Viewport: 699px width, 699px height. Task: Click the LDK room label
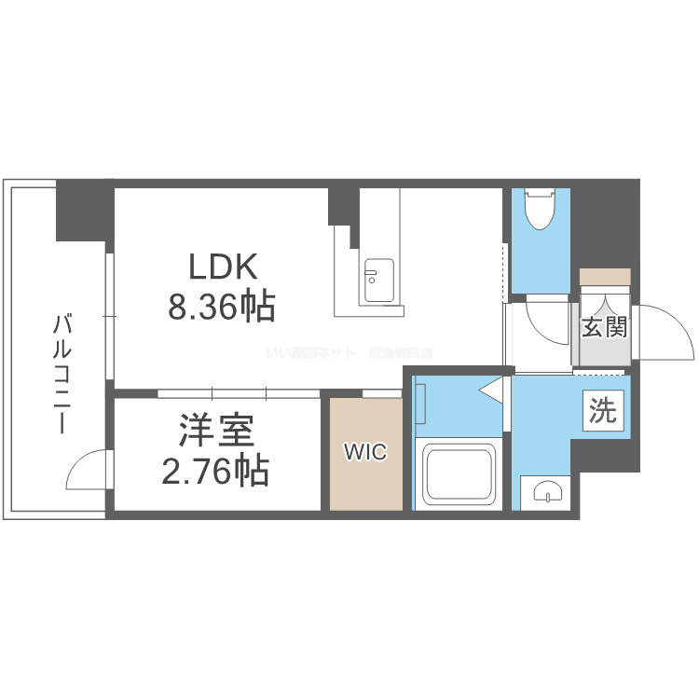[222, 267]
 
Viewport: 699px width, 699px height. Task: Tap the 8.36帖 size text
[222, 307]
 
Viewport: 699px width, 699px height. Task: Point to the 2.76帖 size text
[216, 473]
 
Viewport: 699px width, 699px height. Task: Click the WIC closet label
[365, 453]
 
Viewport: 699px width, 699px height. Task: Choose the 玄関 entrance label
[604, 327]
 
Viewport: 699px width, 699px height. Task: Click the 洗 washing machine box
[603, 410]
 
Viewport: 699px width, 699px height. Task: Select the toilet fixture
[541, 208]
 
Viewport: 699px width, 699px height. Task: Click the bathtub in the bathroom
[459, 473]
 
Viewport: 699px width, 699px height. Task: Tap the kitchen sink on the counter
[378, 279]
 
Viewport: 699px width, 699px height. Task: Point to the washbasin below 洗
[545, 492]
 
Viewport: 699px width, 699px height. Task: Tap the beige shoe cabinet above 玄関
[605, 276]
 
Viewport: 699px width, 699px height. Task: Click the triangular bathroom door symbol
[492, 390]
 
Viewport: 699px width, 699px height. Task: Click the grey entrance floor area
[605, 349]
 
